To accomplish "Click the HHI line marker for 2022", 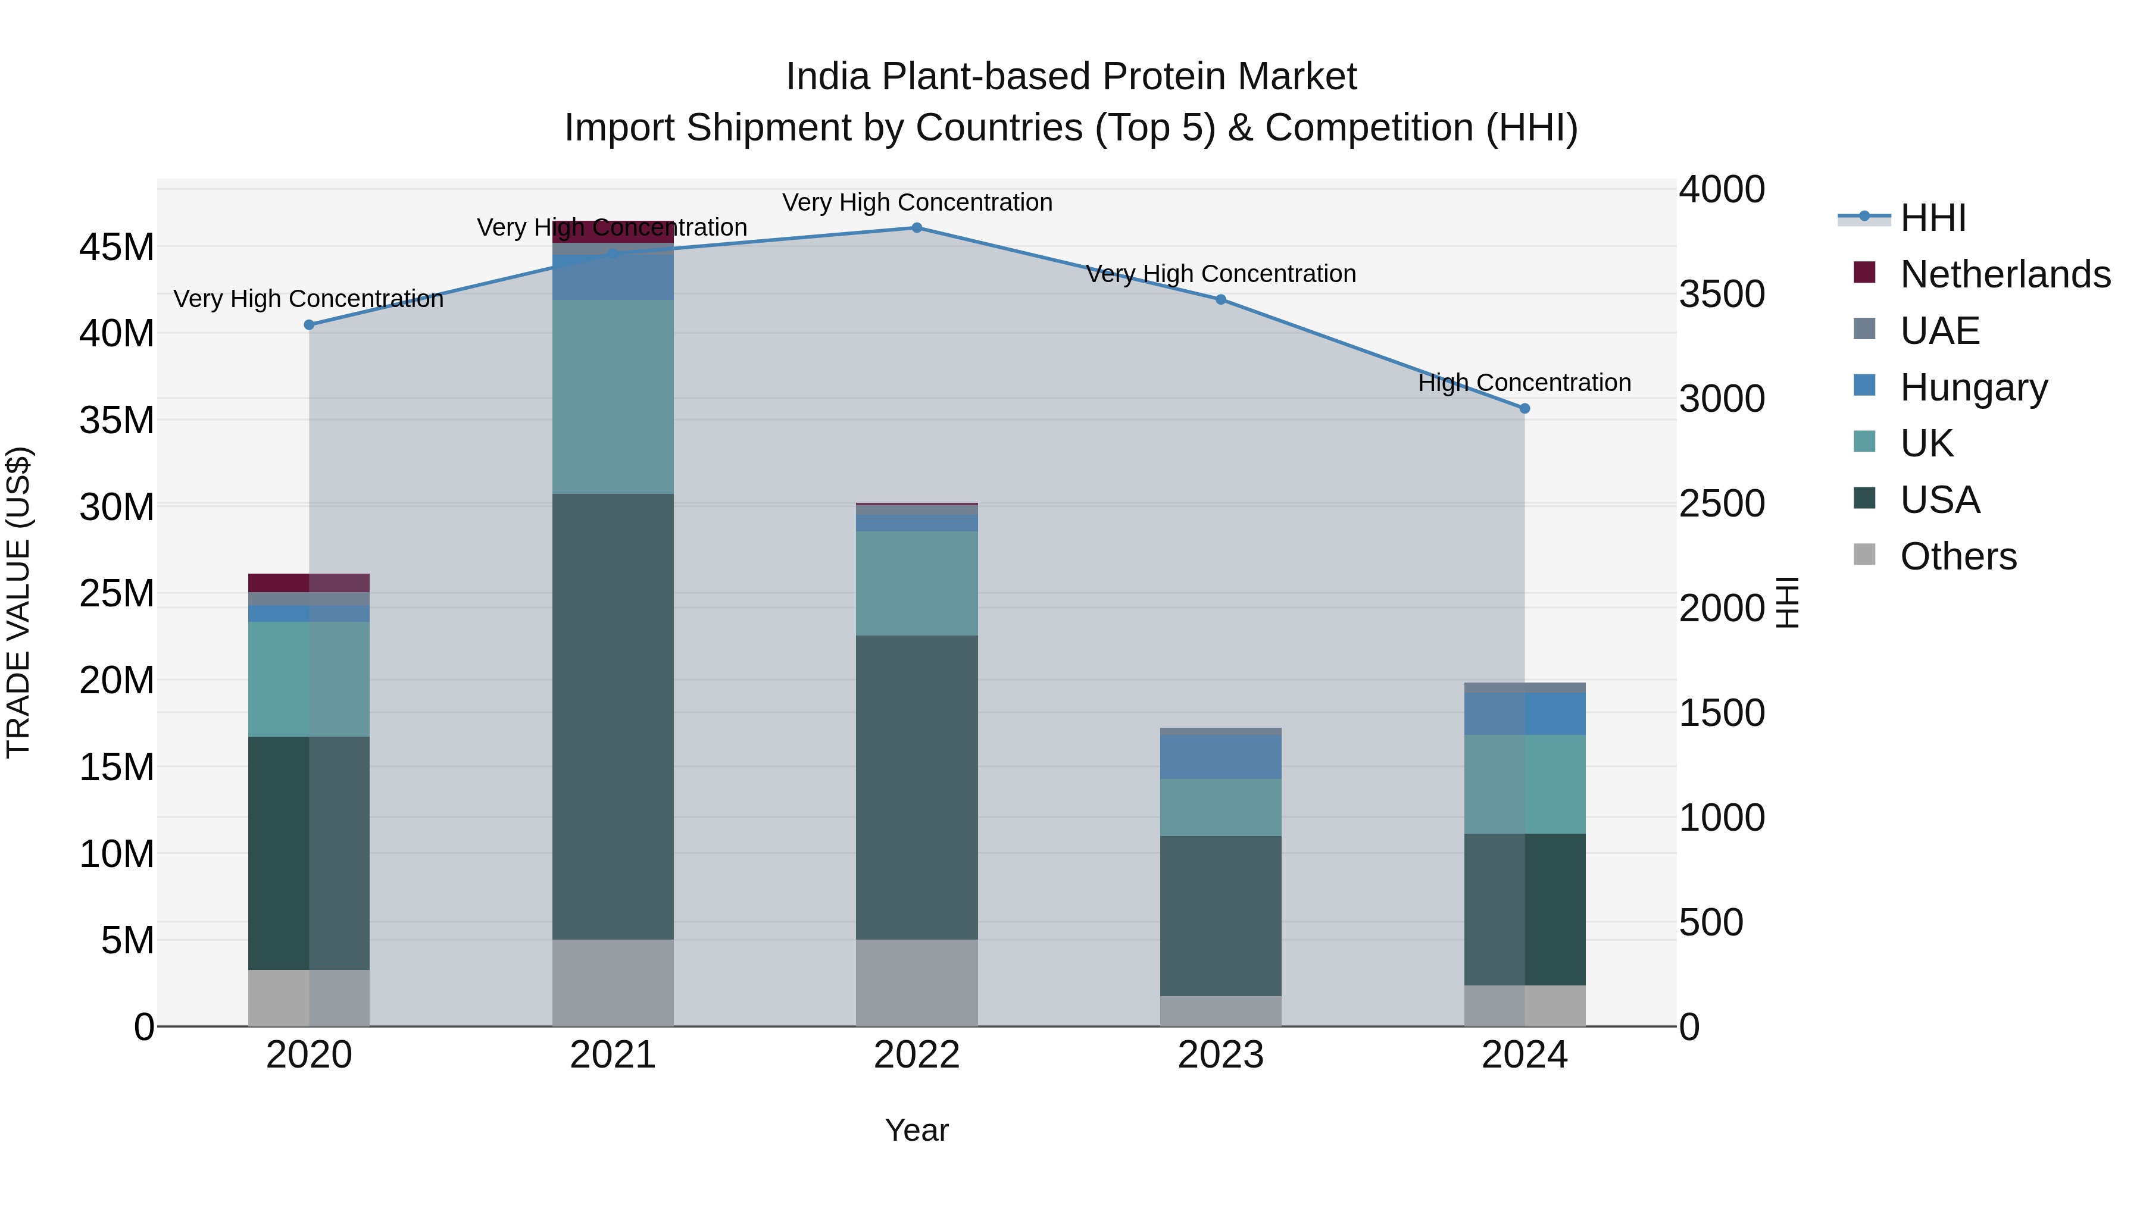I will click(x=917, y=228).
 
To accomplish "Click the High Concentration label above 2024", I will click(x=1524, y=383).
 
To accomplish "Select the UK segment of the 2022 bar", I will click(x=917, y=583).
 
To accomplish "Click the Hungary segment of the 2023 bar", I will click(x=1220, y=757).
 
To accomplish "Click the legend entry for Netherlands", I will click(x=2005, y=274).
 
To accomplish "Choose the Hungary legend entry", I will click(x=1973, y=387).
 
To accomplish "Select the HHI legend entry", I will click(x=1932, y=218).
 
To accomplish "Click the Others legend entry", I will click(x=1957, y=556).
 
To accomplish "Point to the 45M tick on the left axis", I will click(x=117, y=248).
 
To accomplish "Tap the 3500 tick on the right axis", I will click(x=1721, y=295).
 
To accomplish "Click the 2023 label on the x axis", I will click(x=1220, y=1055).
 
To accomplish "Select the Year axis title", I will click(x=917, y=1130).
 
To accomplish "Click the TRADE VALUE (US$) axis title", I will click(x=18, y=602).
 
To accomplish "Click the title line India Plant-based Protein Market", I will click(x=1071, y=77).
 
